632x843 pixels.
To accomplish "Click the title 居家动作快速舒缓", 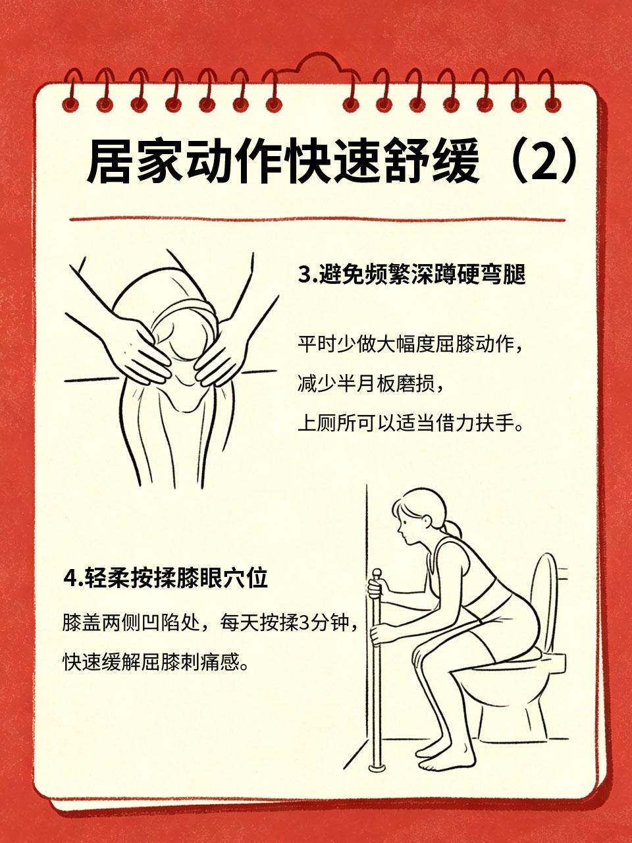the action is pos(284,162).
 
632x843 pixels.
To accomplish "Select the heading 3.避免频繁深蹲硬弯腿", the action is pos(411,274).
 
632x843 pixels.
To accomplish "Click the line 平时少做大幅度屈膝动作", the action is pos(410,344).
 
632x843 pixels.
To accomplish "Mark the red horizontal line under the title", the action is pos(317,220).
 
